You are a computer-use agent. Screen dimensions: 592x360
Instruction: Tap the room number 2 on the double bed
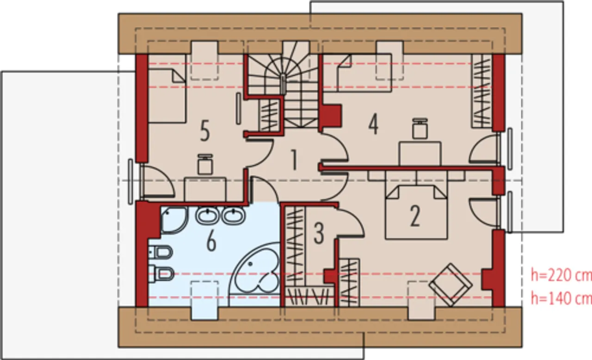(414, 216)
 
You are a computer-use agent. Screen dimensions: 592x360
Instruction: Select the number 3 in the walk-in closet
(319, 233)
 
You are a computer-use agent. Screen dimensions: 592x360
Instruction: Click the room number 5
(205, 130)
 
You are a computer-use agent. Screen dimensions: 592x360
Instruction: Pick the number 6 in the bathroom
(211, 242)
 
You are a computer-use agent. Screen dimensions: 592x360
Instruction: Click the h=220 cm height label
(561, 275)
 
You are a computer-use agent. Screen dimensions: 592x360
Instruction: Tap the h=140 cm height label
(561, 298)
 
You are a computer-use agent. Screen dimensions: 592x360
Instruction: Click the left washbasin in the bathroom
(208, 216)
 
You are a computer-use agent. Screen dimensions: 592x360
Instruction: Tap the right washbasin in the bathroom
(234, 216)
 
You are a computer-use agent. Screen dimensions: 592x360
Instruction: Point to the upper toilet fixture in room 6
(160, 253)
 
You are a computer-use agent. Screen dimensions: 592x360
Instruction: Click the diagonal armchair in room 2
(450, 285)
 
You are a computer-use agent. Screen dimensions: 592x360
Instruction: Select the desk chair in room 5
(205, 164)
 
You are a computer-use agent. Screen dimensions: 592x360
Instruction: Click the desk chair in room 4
(419, 129)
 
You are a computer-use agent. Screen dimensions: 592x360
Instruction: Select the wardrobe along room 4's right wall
(482, 91)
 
